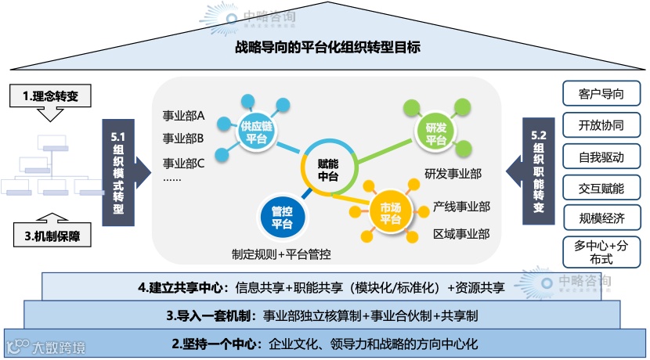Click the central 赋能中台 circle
328,170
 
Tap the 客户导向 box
601,94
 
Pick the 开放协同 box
601,125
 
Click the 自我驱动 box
601,157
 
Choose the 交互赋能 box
601,188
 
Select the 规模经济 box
601,218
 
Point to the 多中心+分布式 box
601,252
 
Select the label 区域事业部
461,233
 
